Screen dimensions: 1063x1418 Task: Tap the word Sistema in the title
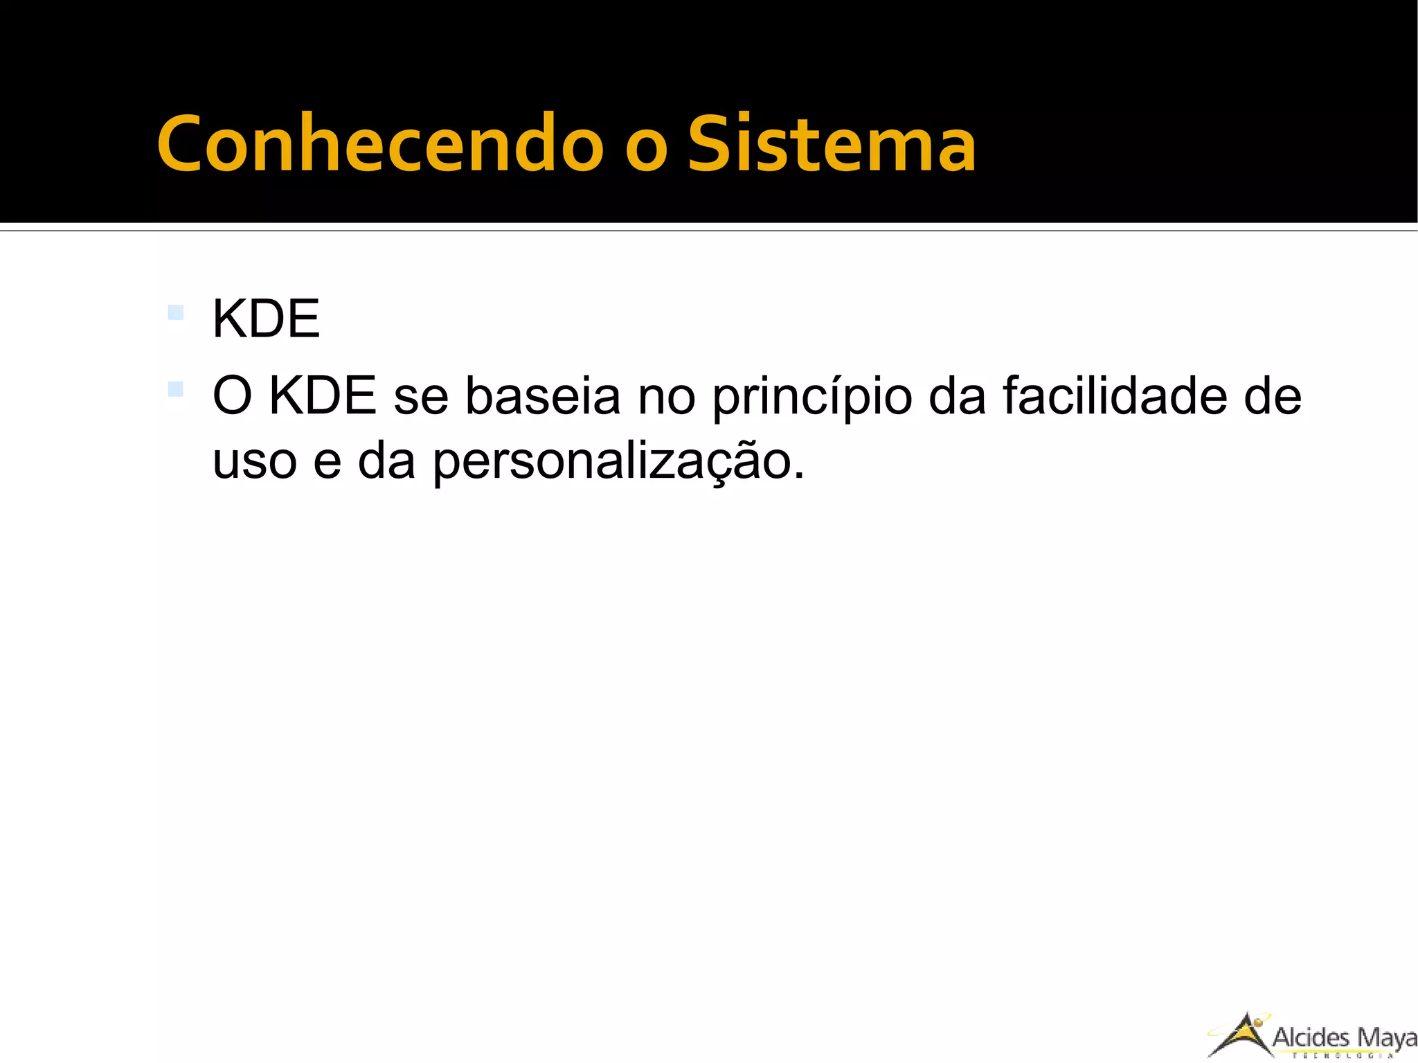[832, 145]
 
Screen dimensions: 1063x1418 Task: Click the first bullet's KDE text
[266, 319]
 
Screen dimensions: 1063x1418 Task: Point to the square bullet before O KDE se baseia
[176, 389]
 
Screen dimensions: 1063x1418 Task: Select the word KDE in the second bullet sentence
[323, 396]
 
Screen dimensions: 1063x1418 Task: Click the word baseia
[542, 396]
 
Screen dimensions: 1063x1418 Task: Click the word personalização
[619, 463]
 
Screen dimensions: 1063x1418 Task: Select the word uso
[255, 463]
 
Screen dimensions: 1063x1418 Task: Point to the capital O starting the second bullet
[231, 396]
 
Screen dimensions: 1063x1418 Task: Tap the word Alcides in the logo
[1311, 1037]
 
